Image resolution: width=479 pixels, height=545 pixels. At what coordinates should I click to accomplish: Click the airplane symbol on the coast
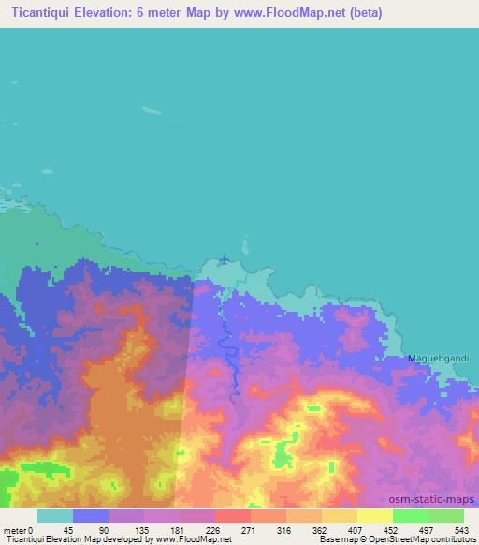224,259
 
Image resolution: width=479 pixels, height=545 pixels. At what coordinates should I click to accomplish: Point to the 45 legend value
68,529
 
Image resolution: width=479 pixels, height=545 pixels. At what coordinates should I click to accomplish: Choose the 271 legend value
249,529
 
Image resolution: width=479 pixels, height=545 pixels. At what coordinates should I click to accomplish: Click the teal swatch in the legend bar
55,516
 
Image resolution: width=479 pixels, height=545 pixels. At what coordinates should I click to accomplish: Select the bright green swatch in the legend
410,516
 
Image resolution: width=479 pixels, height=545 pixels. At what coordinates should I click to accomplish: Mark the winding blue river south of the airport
227,346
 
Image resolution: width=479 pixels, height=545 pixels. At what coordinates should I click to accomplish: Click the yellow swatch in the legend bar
374,516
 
